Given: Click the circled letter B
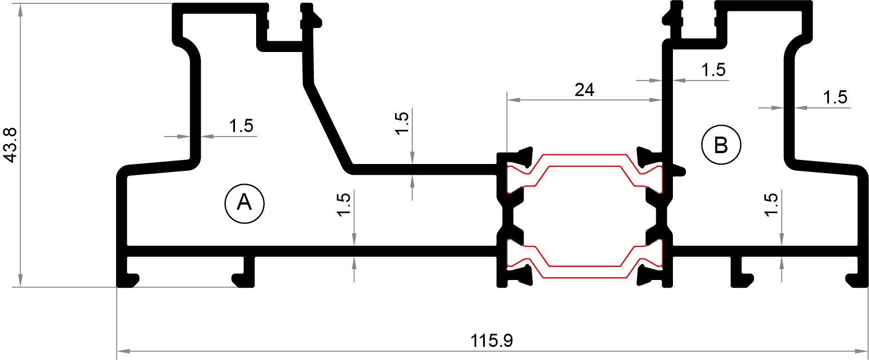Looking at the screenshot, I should pyautogui.click(x=721, y=146).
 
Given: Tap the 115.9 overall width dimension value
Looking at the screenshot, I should pyautogui.click(x=492, y=341).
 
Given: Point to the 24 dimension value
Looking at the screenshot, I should pyautogui.click(x=584, y=90).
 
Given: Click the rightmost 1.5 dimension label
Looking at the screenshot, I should pyautogui.click(x=835, y=98).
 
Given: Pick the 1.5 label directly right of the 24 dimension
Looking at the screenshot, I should pyautogui.click(x=713, y=70).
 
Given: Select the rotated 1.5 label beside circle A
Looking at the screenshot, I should pyautogui.click(x=343, y=205).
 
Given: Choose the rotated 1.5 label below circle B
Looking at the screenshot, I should pyautogui.click(x=770, y=205).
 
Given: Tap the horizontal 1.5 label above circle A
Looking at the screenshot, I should pyautogui.click(x=241, y=126).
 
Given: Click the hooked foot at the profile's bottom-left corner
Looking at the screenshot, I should pyautogui.click(x=129, y=280).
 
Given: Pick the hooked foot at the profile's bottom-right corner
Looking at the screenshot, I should pyautogui.click(x=856, y=280).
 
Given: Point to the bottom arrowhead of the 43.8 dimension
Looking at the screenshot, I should pyautogui.click(x=21, y=280).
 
